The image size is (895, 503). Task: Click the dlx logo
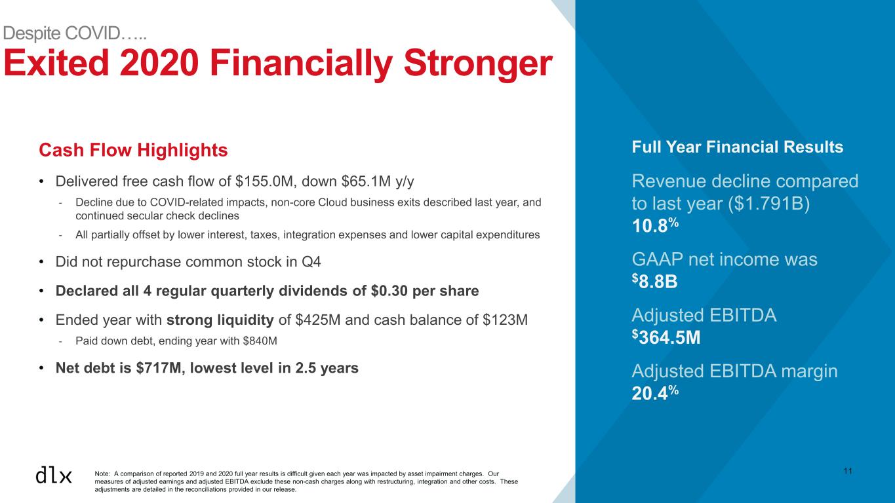pyautogui.click(x=54, y=475)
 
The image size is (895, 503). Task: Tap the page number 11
pyautogui.click(x=848, y=471)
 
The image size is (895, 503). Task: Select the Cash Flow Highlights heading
pyautogui.click(x=133, y=150)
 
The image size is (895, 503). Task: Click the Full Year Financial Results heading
pyautogui.click(x=737, y=147)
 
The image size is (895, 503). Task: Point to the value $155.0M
pyautogui.click(x=264, y=181)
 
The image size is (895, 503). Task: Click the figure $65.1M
pyautogui.click(x=366, y=181)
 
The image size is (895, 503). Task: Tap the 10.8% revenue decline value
pyautogui.click(x=655, y=225)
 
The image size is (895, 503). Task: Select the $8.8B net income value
pyautogui.click(x=654, y=281)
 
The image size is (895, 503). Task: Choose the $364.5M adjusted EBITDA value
pyautogui.click(x=666, y=337)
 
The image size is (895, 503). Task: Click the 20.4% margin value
pyautogui.click(x=655, y=393)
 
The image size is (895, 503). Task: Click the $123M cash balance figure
pyautogui.click(x=505, y=320)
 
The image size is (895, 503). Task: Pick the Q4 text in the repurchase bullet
pyautogui.click(x=311, y=262)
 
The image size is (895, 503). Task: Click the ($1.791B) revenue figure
pyautogui.click(x=768, y=203)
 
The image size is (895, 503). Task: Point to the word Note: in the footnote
pyautogui.click(x=102, y=474)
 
